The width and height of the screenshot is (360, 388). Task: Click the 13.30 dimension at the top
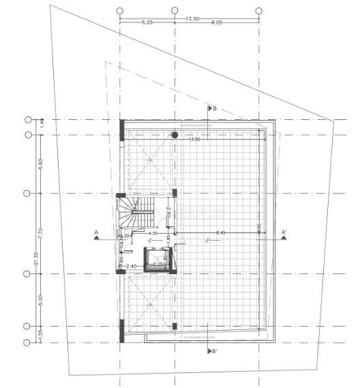coord(192,19)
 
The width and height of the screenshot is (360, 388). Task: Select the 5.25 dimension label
coord(147,23)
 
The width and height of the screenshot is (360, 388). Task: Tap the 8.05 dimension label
coord(217,23)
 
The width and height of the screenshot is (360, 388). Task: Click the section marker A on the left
coord(97,234)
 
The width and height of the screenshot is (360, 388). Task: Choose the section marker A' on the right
coord(283,234)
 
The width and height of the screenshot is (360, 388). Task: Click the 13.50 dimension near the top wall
coord(195,140)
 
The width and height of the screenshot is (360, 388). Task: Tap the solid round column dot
coord(175,135)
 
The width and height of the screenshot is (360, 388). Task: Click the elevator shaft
coord(157,260)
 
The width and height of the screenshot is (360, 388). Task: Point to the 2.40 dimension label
coord(132,267)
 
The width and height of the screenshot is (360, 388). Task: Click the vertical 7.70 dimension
coord(41,234)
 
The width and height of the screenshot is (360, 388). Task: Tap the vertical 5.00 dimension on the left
coord(41,299)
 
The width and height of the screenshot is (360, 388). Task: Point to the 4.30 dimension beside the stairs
coord(153,234)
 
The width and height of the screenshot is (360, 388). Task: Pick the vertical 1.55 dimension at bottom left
coord(41,334)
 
